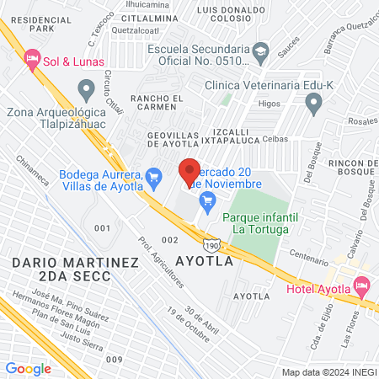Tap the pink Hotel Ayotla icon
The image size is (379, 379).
tap(362, 286)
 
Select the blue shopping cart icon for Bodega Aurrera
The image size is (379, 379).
tap(153, 177)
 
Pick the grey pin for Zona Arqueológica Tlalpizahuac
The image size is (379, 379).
tap(85, 88)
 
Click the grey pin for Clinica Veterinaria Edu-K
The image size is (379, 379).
tap(314, 105)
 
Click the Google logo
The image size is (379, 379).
tap(29, 368)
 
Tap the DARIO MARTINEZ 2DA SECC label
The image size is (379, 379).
tap(75, 270)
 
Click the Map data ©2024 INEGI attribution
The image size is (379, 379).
tap(328, 372)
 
